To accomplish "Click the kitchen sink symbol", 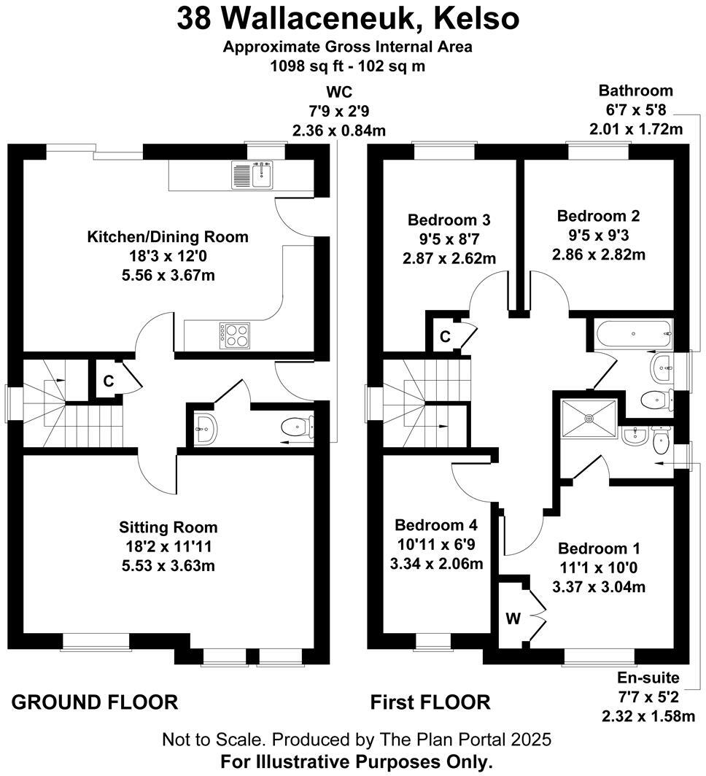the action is tap(252, 175).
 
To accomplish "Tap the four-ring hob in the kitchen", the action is tap(235, 335).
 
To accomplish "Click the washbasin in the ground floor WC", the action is tap(206, 429).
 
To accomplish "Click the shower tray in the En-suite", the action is tap(589, 419).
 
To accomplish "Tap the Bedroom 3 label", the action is tap(449, 220).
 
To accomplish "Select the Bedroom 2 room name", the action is tap(598, 216).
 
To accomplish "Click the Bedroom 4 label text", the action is tap(436, 524).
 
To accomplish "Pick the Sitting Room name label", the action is tap(168, 527).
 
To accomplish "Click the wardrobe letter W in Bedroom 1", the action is tap(513, 618).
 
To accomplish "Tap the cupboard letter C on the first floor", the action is tap(446, 336).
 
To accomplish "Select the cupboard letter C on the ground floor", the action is tap(109, 381).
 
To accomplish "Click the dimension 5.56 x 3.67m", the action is tap(168, 275).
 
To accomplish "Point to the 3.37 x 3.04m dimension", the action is tap(599, 587).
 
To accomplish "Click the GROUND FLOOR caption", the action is tap(95, 702).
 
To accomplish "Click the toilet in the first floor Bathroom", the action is tap(657, 399).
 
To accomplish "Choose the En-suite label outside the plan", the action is tap(648, 677).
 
